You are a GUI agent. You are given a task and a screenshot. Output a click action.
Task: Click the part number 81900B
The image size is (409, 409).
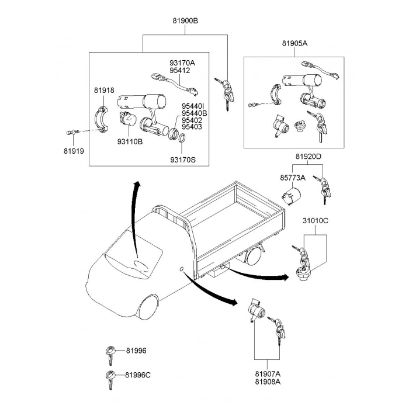point(185,20)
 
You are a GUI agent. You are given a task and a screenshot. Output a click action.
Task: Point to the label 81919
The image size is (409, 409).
point(74,151)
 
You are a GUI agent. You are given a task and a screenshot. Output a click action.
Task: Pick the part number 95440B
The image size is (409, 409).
point(194,113)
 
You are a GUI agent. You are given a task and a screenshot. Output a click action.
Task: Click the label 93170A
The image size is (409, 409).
point(182,63)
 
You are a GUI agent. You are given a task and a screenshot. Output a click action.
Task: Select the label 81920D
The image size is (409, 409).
point(308,157)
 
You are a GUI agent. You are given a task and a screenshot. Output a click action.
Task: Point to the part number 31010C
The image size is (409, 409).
point(315,221)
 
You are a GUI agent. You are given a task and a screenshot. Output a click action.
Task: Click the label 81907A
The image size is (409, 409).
point(268,373)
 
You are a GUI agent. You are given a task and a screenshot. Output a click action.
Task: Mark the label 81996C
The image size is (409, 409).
point(137,375)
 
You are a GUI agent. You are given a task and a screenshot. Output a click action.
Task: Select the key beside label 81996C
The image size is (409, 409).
point(109,377)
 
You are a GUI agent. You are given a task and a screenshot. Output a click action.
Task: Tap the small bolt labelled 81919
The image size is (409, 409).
point(71,133)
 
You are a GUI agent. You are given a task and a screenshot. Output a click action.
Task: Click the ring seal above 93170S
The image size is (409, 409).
point(182,138)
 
